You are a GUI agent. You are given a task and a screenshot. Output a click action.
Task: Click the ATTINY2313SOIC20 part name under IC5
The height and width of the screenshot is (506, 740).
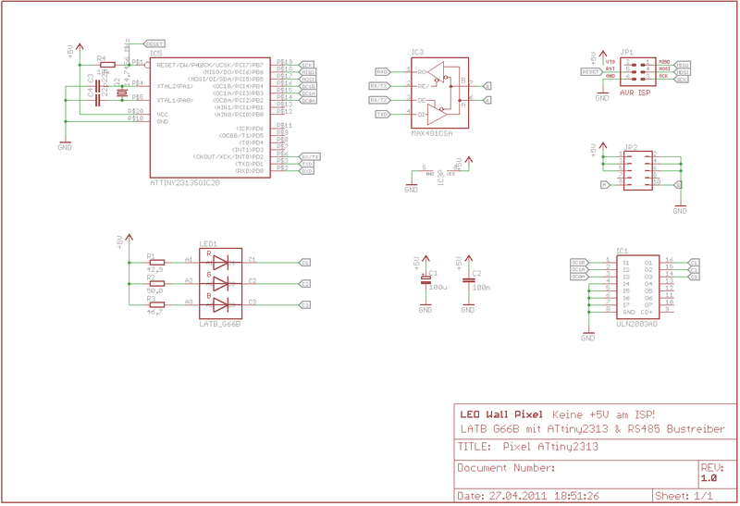[x=185, y=183]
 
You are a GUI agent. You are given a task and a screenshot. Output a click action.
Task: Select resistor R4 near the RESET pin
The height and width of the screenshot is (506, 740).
[x=107, y=65]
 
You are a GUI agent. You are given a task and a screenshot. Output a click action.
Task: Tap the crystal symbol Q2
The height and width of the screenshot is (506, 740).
[x=121, y=90]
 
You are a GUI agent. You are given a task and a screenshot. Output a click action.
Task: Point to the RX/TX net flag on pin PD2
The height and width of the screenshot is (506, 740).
[x=311, y=157]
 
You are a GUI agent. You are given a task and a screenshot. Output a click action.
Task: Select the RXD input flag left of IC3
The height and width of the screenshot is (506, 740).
[x=382, y=71]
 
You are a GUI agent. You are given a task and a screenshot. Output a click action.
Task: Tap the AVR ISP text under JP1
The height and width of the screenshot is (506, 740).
[x=633, y=93]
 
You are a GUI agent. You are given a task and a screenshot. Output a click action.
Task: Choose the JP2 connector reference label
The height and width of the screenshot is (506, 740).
[x=631, y=146]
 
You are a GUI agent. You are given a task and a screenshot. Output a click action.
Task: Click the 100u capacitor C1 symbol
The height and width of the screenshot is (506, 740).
[x=425, y=279]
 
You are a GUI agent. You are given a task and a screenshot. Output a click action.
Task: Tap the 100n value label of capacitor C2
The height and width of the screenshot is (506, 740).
[x=481, y=288]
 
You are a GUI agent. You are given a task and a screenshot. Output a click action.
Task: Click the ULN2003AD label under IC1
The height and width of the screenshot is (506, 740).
[x=638, y=325]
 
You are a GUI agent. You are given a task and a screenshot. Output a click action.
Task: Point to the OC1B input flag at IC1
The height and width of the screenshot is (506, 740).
[x=579, y=262]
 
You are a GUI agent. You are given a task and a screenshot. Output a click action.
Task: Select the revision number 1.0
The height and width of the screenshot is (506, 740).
[x=709, y=478]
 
